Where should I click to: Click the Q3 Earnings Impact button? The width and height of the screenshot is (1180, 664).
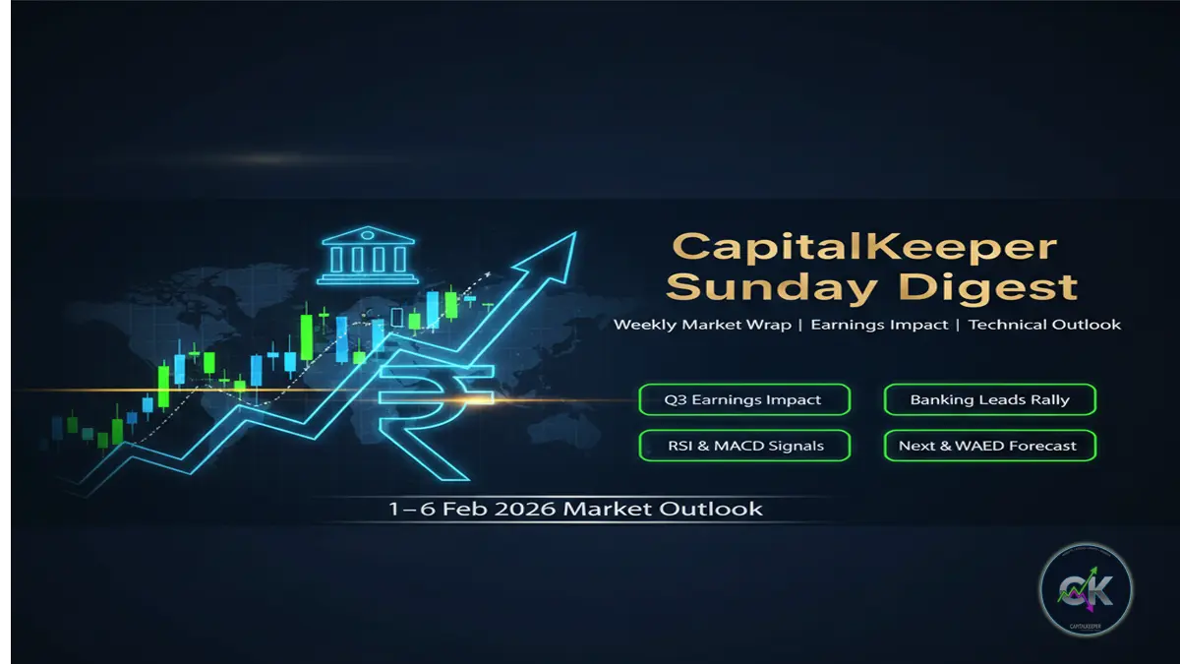744,399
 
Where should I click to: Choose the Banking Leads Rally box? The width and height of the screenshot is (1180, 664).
989,399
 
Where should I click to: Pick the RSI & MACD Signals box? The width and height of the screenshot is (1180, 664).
744,446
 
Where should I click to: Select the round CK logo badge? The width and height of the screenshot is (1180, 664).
1086,590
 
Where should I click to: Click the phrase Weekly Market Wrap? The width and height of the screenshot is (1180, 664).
702,325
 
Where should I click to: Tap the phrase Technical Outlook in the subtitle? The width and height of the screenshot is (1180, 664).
1044,325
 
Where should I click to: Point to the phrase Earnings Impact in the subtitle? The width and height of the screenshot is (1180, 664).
880,325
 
